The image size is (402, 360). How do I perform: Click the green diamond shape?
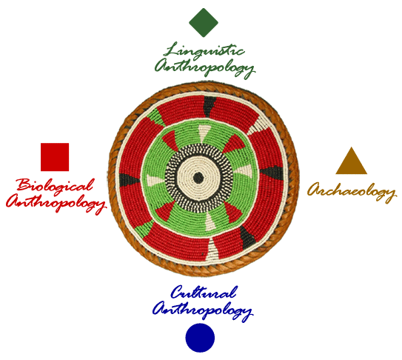[204, 22]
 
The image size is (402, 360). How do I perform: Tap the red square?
[55, 157]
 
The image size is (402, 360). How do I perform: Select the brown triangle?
[351, 161]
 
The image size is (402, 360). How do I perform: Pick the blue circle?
[200, 338]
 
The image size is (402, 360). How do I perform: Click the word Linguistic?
[204, 50]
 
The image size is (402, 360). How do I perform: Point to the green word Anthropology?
[204, 67]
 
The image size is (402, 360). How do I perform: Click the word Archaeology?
[352, 192]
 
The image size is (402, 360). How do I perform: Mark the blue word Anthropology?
[203, 310]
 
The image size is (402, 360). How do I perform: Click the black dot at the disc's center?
[198, 178]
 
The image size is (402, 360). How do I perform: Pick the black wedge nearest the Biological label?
[129, 179]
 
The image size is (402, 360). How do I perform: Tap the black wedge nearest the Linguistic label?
[210, 106]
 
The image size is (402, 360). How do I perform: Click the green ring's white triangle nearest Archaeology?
[244, 170]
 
